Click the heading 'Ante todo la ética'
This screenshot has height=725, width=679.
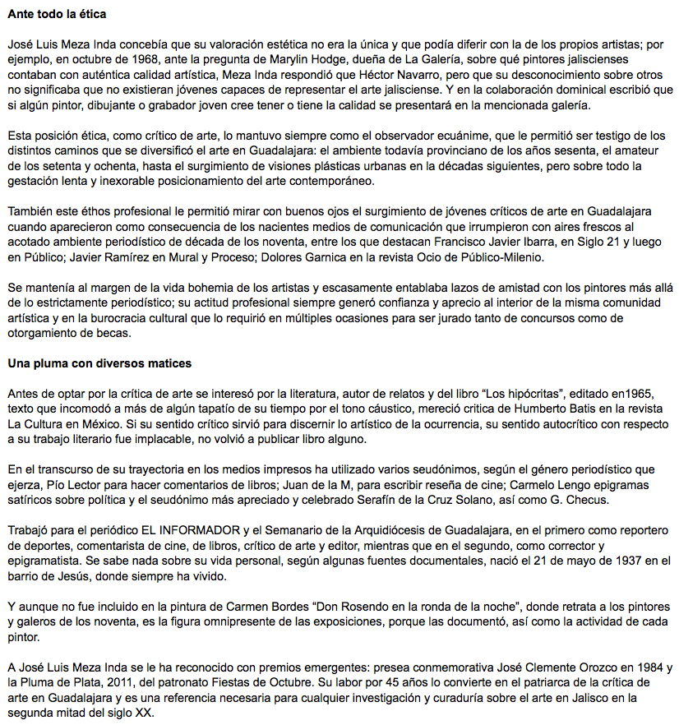click(x=57, y=15)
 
